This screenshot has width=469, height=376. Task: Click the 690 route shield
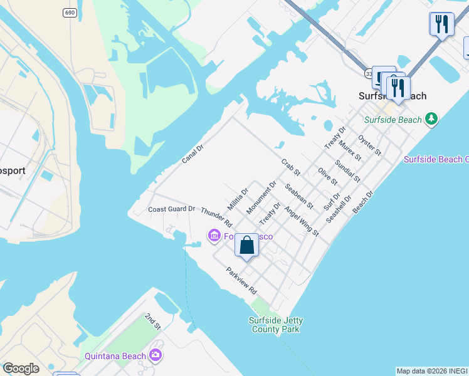tap(70, 13)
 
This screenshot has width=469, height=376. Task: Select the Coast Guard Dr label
tap(171, 209)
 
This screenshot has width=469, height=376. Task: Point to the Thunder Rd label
tap(216, 217)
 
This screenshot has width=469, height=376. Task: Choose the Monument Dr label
tap(261, 197)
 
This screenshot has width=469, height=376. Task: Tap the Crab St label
tap(291, 167)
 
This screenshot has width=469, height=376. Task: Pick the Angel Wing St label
tap(302, 222)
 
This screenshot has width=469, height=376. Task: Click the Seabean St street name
tap(298, 196)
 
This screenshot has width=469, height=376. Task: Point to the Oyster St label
tap(369, 144)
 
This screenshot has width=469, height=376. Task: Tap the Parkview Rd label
tap(242, 282)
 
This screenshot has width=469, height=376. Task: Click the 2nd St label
tap(153, 321)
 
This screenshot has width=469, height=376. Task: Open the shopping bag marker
tap(247, 245)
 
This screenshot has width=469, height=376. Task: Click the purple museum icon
tap(214, 235)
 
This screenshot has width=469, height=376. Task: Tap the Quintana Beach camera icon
tap(155, 356)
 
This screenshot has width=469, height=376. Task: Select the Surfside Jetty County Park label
tap(275, 325)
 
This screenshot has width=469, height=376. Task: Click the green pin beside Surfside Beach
tap(430, 118)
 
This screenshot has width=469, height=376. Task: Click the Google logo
tap(21, 368)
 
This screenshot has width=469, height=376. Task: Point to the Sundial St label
tap(347, 170)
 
